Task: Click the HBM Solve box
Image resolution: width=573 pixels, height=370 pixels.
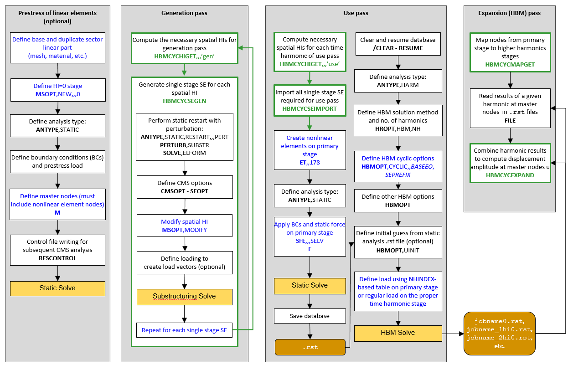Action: pos(398,333)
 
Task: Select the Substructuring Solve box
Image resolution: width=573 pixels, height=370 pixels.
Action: pos(185,297)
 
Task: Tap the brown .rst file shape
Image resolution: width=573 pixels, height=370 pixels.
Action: pos(310,347)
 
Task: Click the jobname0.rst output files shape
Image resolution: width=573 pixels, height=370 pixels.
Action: pos(499,334)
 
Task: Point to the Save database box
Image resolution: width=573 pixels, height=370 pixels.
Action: pos(310,316)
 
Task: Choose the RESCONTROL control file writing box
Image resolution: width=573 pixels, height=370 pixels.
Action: pos(57,250)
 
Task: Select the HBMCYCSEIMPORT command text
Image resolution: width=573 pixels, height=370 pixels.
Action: pos(310,109)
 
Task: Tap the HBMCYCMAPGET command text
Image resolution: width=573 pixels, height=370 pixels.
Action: pos(510,65)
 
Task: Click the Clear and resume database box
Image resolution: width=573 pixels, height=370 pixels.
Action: pos(398,44)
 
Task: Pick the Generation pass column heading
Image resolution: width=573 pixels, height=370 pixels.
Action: pos(185,13)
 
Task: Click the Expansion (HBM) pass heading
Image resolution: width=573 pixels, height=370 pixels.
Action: pos(509,13)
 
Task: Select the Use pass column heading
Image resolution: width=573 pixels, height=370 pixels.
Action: pos(356,13)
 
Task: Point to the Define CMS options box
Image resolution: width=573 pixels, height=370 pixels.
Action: pos(185,187)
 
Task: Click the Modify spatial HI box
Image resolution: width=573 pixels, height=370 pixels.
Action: pos(185,226)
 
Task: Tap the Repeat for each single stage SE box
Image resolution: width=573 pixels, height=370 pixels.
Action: pos(185,330)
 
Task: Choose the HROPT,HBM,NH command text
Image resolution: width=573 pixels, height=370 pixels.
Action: pos(398,129)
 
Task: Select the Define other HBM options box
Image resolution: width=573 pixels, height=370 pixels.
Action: pos(398,201)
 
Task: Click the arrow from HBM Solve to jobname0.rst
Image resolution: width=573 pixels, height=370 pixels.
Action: pos(453,333)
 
